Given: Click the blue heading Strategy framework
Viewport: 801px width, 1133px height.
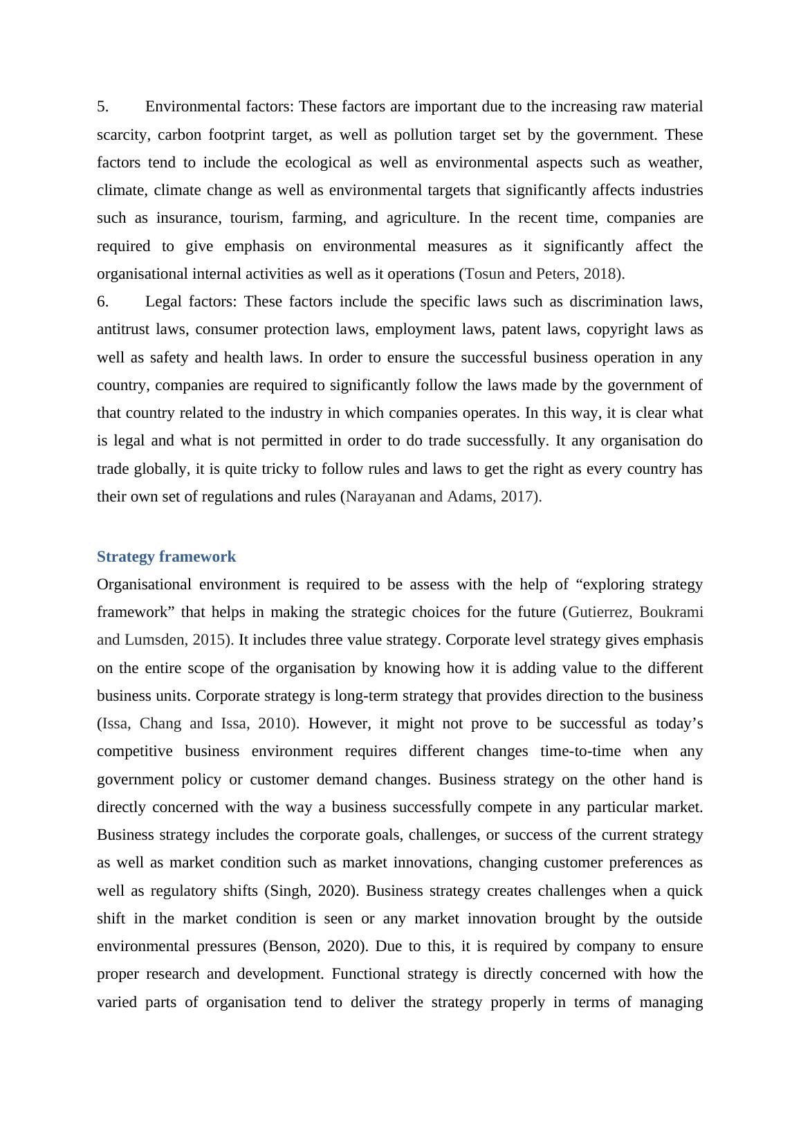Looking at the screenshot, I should pos(166,557).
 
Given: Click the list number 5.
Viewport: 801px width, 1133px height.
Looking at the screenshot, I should pos(102,107).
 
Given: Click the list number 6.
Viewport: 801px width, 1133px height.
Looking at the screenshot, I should pos(102,302).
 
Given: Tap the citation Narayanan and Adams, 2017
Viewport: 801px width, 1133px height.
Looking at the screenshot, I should pos(441,497).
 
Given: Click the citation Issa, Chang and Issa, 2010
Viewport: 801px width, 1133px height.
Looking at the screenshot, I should pos(199,724).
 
